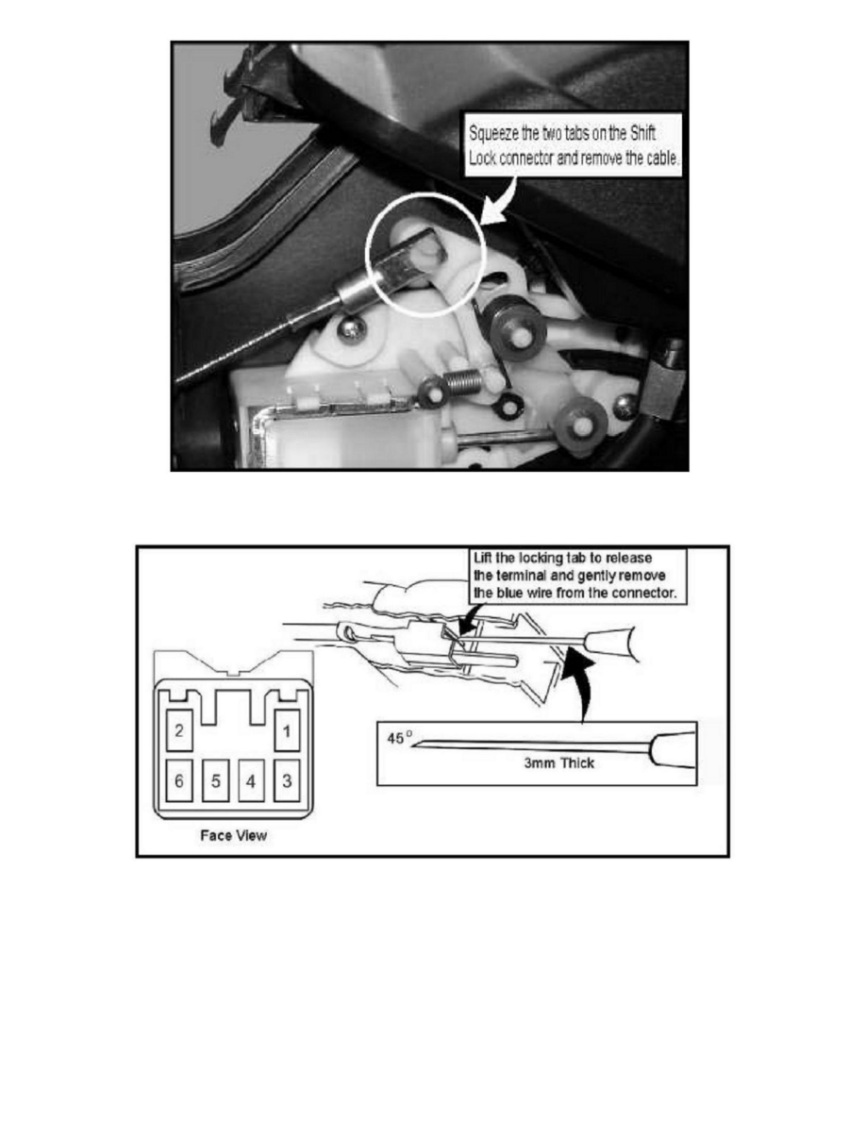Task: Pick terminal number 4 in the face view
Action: (x=250, y=780)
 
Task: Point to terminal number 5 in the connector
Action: (x=215, y=780)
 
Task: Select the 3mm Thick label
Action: (x=559, y=761)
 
